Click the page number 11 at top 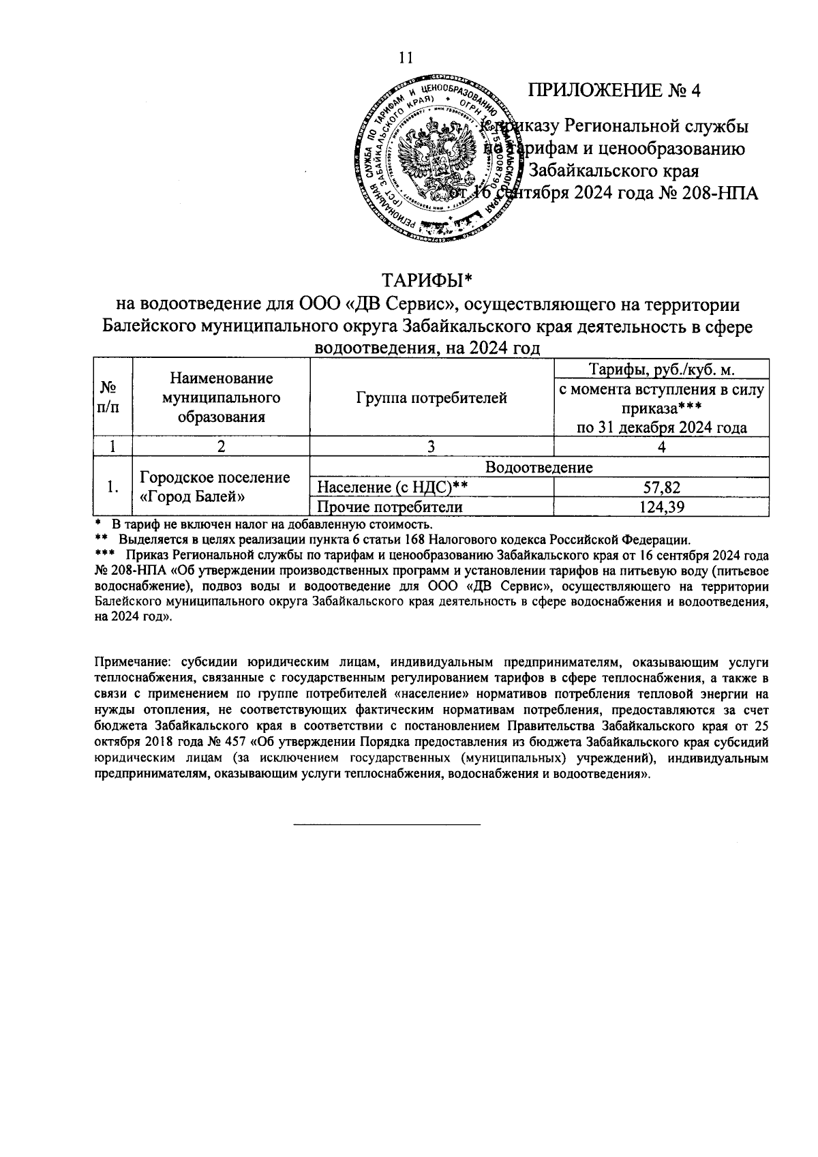click(406, 57)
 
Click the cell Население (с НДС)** click(385, 487)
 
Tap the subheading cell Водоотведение click(539, 467)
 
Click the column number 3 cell click(431, 447)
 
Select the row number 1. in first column click(113, 487)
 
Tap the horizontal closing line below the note click(387, 825)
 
